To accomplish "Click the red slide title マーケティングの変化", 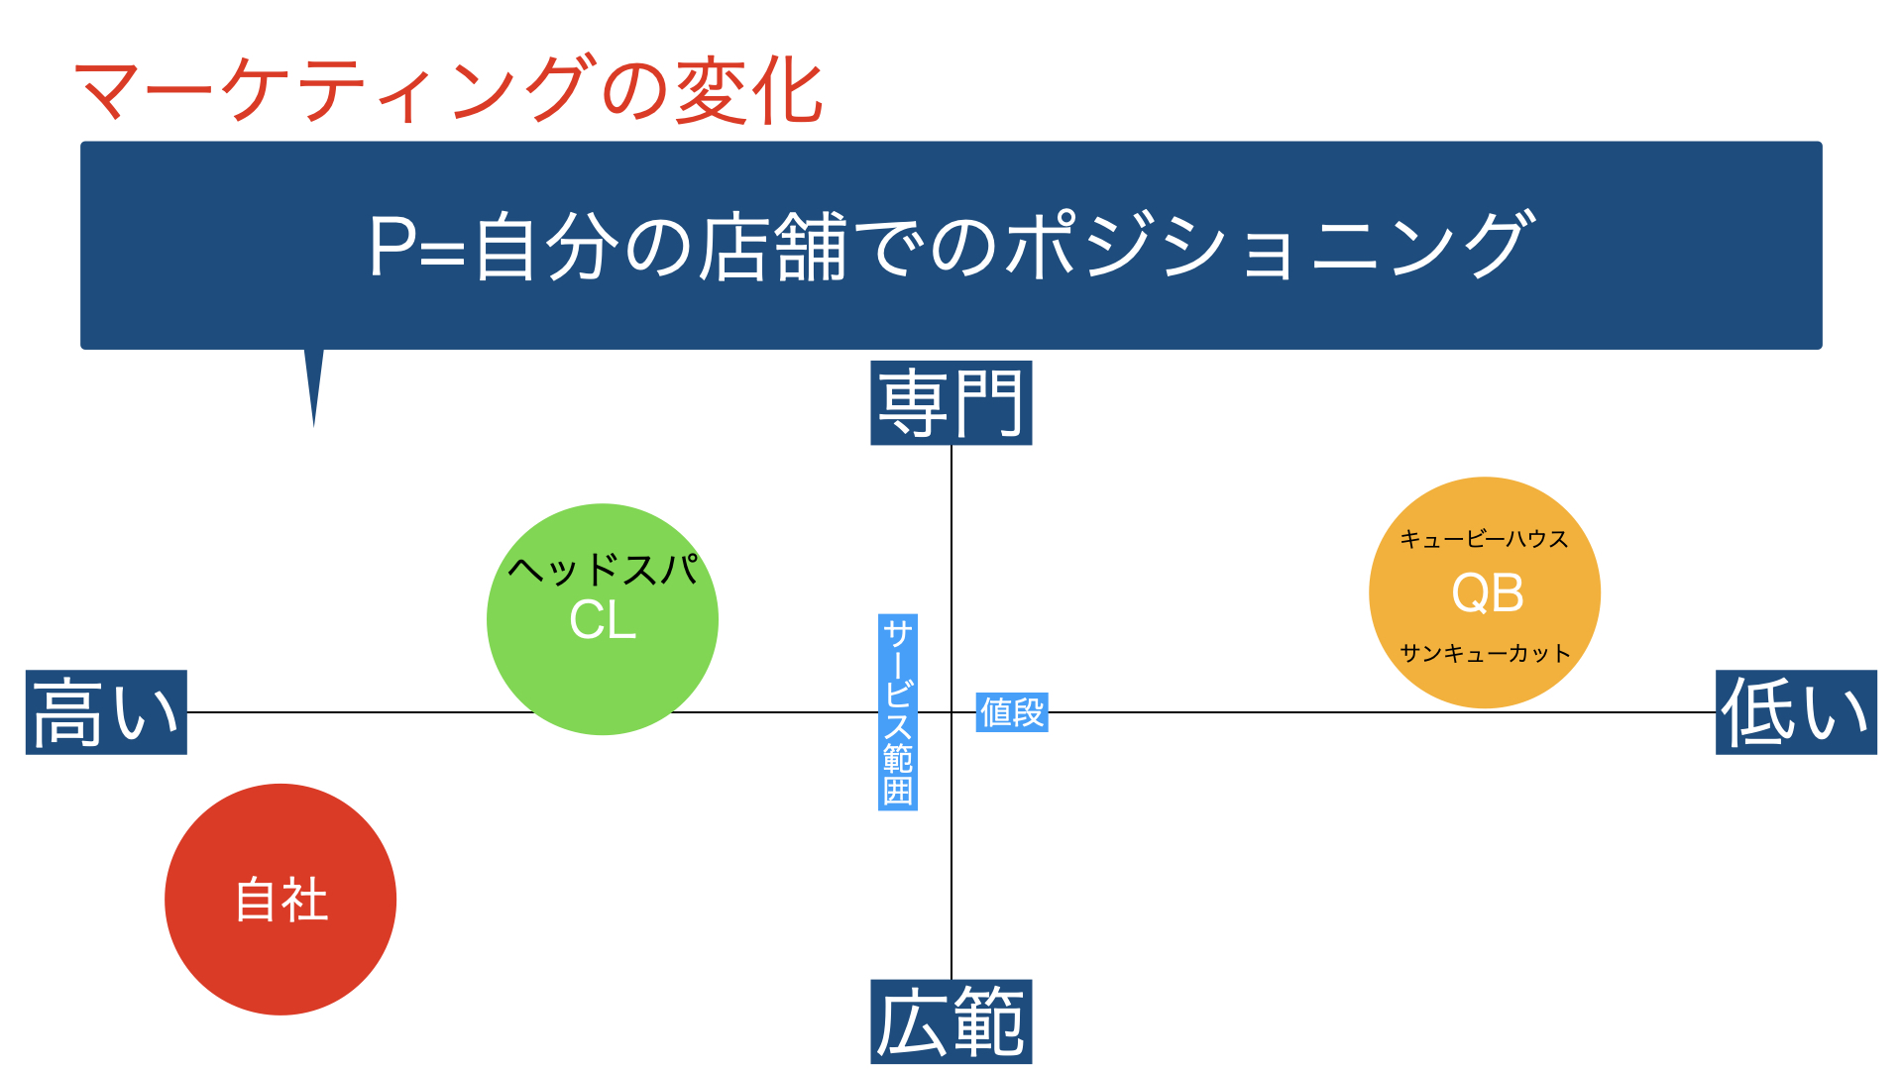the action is pyautogui.click(x=448, y=89).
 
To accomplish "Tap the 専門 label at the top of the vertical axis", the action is pyautogui.click(x=951, y=402).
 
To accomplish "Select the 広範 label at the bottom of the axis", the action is pyautogui.click(x=951, y=1021).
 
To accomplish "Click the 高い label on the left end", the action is pyautogui.click(x=106, y=712).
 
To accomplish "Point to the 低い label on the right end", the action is pyautogui.click(x=1796, y=712).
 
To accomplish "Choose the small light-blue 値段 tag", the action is pyautogui.click(x=1012, y=712).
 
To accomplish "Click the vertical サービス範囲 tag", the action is pyautogui.click(x=898, y=712).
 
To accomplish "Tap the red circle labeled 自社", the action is pyautogui.click(x=280, y=900).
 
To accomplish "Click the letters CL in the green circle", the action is pyautogui.click(x=603, y=620).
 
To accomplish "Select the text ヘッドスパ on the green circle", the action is pyautogui.click(x=604, y=570).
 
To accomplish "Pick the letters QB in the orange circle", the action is pyautogui.click(x=1487, y=593).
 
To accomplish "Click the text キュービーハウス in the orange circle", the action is pyautogui.click(x=1484, y=539).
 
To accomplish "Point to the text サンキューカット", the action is pyautogui.click(x=1485, y=653).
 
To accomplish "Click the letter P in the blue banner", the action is pyautogui.click(x=392, y=246).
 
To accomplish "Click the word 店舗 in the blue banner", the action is pyautogui.click(x=774, y=245).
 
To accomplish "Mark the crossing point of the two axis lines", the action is pyautogui.click(x=951, y=712).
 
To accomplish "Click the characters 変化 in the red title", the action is pyautogui.click(x=749, y=90).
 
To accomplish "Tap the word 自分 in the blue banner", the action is pyautogui.click(x=549, y=246).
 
